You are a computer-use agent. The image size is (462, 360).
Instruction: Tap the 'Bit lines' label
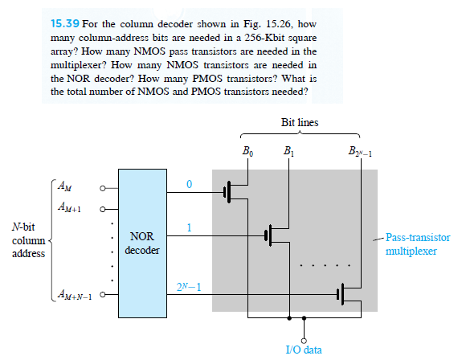click(x=298, y=123)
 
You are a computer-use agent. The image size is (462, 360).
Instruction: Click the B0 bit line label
click(x=247, y=151)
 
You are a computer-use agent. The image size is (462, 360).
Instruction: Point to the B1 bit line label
click(x=287, y=151)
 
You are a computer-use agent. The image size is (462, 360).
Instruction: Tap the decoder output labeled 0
click(x=189, y=184)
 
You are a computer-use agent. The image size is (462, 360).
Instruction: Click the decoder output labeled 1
click(x=189, y=227)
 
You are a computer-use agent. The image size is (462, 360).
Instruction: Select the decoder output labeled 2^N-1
click(x=189, y=287)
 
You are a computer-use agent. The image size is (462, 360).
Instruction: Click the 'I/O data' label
click(x=303, y=350)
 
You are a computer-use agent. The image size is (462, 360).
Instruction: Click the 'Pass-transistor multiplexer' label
click(x=418, y=244)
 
